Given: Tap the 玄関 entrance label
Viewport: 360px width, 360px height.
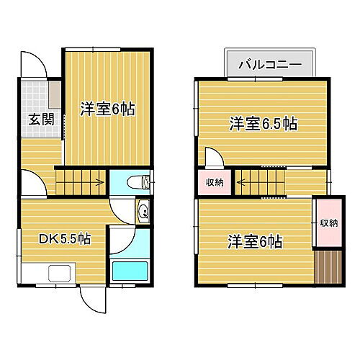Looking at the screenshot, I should coord(40,120).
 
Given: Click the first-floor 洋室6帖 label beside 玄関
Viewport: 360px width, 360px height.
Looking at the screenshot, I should coord(108,109).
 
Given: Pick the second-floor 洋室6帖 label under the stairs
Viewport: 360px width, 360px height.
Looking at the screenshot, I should coord(256,240).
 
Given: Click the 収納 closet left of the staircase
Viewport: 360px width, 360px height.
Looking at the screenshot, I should coord(214,183).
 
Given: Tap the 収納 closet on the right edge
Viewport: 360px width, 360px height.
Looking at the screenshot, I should coord(328,223).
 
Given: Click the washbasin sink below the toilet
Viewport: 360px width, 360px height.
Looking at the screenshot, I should coord(143,212).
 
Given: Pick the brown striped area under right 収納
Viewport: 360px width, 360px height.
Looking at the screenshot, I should coord(328,267).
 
